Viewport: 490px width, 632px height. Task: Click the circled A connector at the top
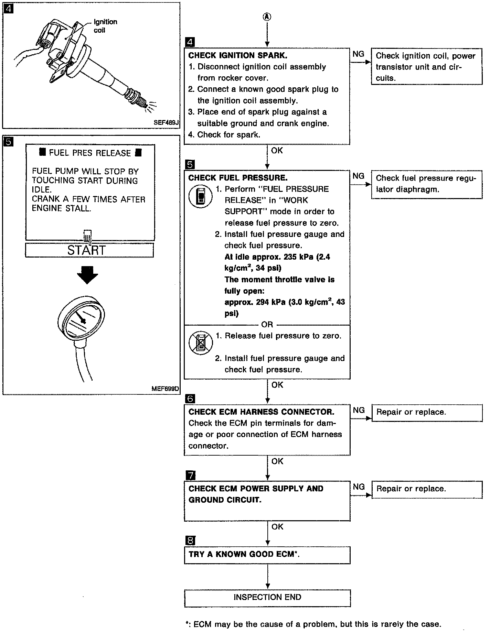pos(267,17)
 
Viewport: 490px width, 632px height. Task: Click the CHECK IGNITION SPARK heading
pos(237,55)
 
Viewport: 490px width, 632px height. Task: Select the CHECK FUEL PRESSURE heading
pos(238,178)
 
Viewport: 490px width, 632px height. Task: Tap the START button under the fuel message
pos(89,250)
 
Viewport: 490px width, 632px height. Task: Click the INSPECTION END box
pos(267,597)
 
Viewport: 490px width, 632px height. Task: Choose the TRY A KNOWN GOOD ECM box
pos(267,554)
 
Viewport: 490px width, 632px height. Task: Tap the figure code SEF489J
pos(167,122)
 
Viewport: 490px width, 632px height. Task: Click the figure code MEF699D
pos(166,389)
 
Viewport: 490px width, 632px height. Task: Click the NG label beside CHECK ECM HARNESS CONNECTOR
pos(359,410)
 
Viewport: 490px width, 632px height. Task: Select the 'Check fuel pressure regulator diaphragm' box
pos(427,184)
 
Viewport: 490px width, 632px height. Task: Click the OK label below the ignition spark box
pos(277,150)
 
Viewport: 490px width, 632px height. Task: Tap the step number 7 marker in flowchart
pos(190,476)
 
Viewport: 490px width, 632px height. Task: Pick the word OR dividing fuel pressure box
pos(267,324)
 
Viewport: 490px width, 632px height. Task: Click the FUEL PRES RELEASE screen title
pos(90,153)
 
